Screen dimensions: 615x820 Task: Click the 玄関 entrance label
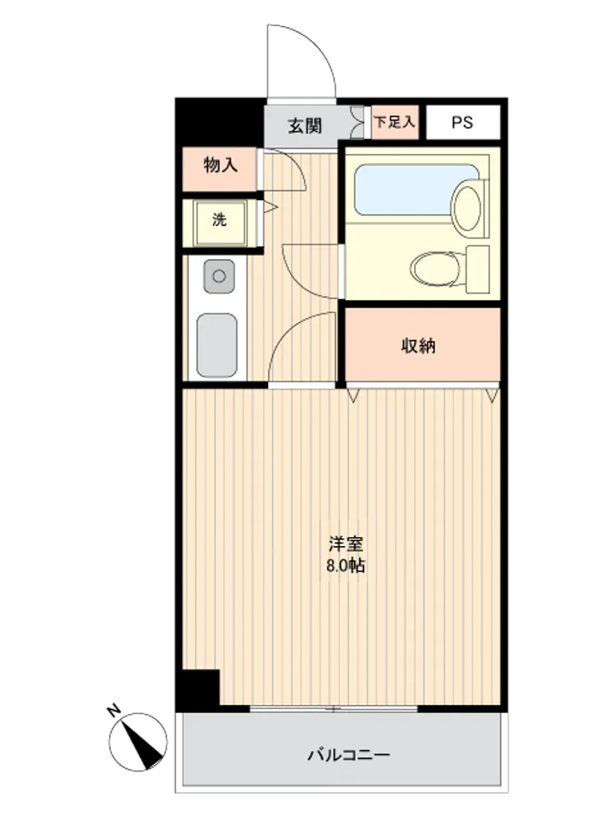(305, 125)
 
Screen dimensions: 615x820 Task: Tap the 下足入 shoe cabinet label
(395, 122)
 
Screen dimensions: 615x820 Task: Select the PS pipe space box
(462, 122)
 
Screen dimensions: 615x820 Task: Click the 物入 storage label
(220, 166)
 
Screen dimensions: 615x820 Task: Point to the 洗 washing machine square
(220, 222)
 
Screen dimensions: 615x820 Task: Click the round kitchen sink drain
(219, 276)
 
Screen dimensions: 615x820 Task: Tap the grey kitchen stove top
(216, 345)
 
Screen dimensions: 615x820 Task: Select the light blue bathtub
(417, 189)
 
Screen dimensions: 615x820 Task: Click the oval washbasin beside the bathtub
(467, 206)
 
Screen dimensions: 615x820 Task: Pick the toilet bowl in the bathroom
(437, 269)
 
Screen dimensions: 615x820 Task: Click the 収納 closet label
(418, 346)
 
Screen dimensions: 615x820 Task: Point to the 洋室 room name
(346, 544)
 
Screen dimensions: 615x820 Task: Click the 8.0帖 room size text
(346, 566)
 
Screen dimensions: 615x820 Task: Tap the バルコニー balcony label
(348, 754)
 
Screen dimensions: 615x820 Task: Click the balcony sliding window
(334, 709)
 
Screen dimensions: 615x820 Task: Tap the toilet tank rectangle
(478, 269)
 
